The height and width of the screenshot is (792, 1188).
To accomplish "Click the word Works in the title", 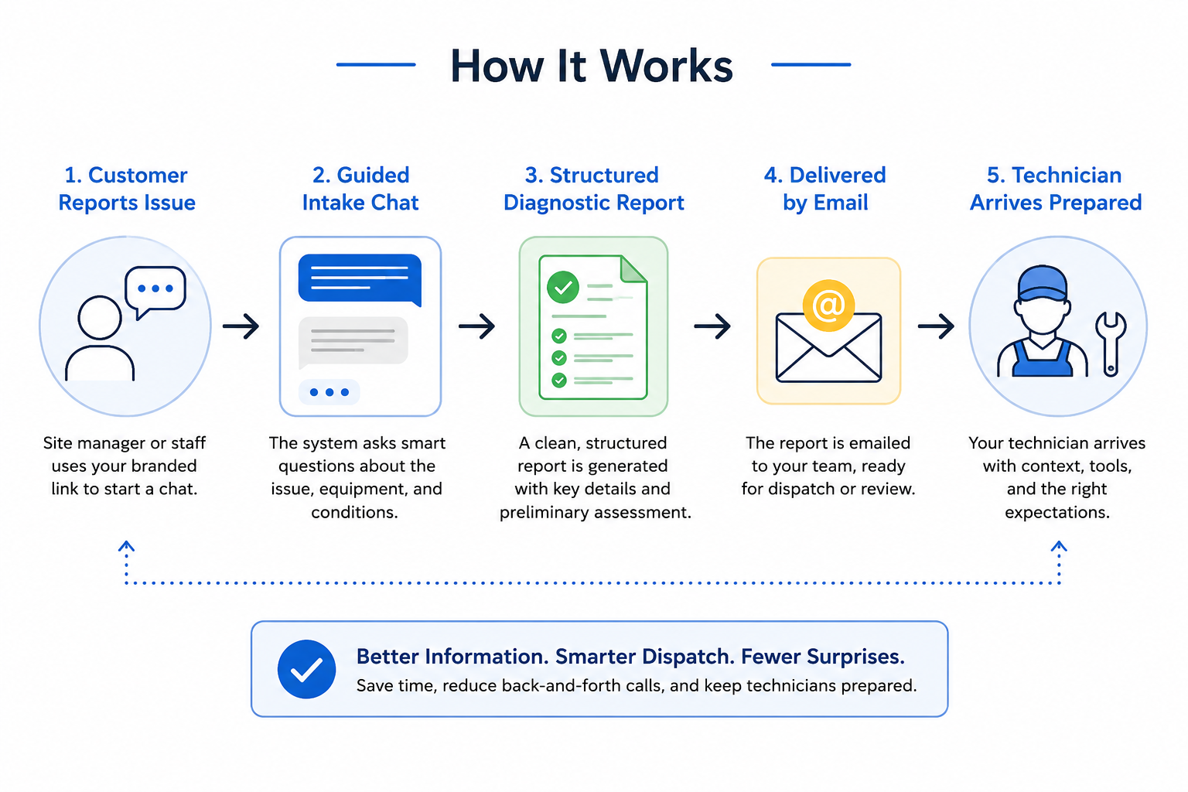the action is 666,66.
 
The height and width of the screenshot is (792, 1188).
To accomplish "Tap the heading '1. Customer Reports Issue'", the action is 127,189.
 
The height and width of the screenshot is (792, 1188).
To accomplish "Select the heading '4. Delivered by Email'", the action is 825,189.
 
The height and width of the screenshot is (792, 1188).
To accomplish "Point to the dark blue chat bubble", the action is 360,279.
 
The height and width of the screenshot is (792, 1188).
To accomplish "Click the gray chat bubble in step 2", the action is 353,342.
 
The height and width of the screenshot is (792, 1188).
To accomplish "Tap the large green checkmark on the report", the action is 563,287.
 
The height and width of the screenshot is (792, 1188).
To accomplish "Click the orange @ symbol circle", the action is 828,306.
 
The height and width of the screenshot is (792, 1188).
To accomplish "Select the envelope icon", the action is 828,347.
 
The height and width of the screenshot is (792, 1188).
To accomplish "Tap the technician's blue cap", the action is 1042,283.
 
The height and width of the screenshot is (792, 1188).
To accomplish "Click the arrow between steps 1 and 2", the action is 241,326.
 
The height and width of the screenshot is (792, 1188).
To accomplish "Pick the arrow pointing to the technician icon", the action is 936,326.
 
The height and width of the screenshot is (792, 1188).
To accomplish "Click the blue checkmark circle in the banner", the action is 306,669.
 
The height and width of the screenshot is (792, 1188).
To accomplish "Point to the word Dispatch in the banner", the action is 688,657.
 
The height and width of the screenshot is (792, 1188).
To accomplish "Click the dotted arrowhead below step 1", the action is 126,546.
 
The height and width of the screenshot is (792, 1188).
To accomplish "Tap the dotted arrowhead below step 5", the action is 1059,546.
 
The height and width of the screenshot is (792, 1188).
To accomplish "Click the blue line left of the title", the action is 376,65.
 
